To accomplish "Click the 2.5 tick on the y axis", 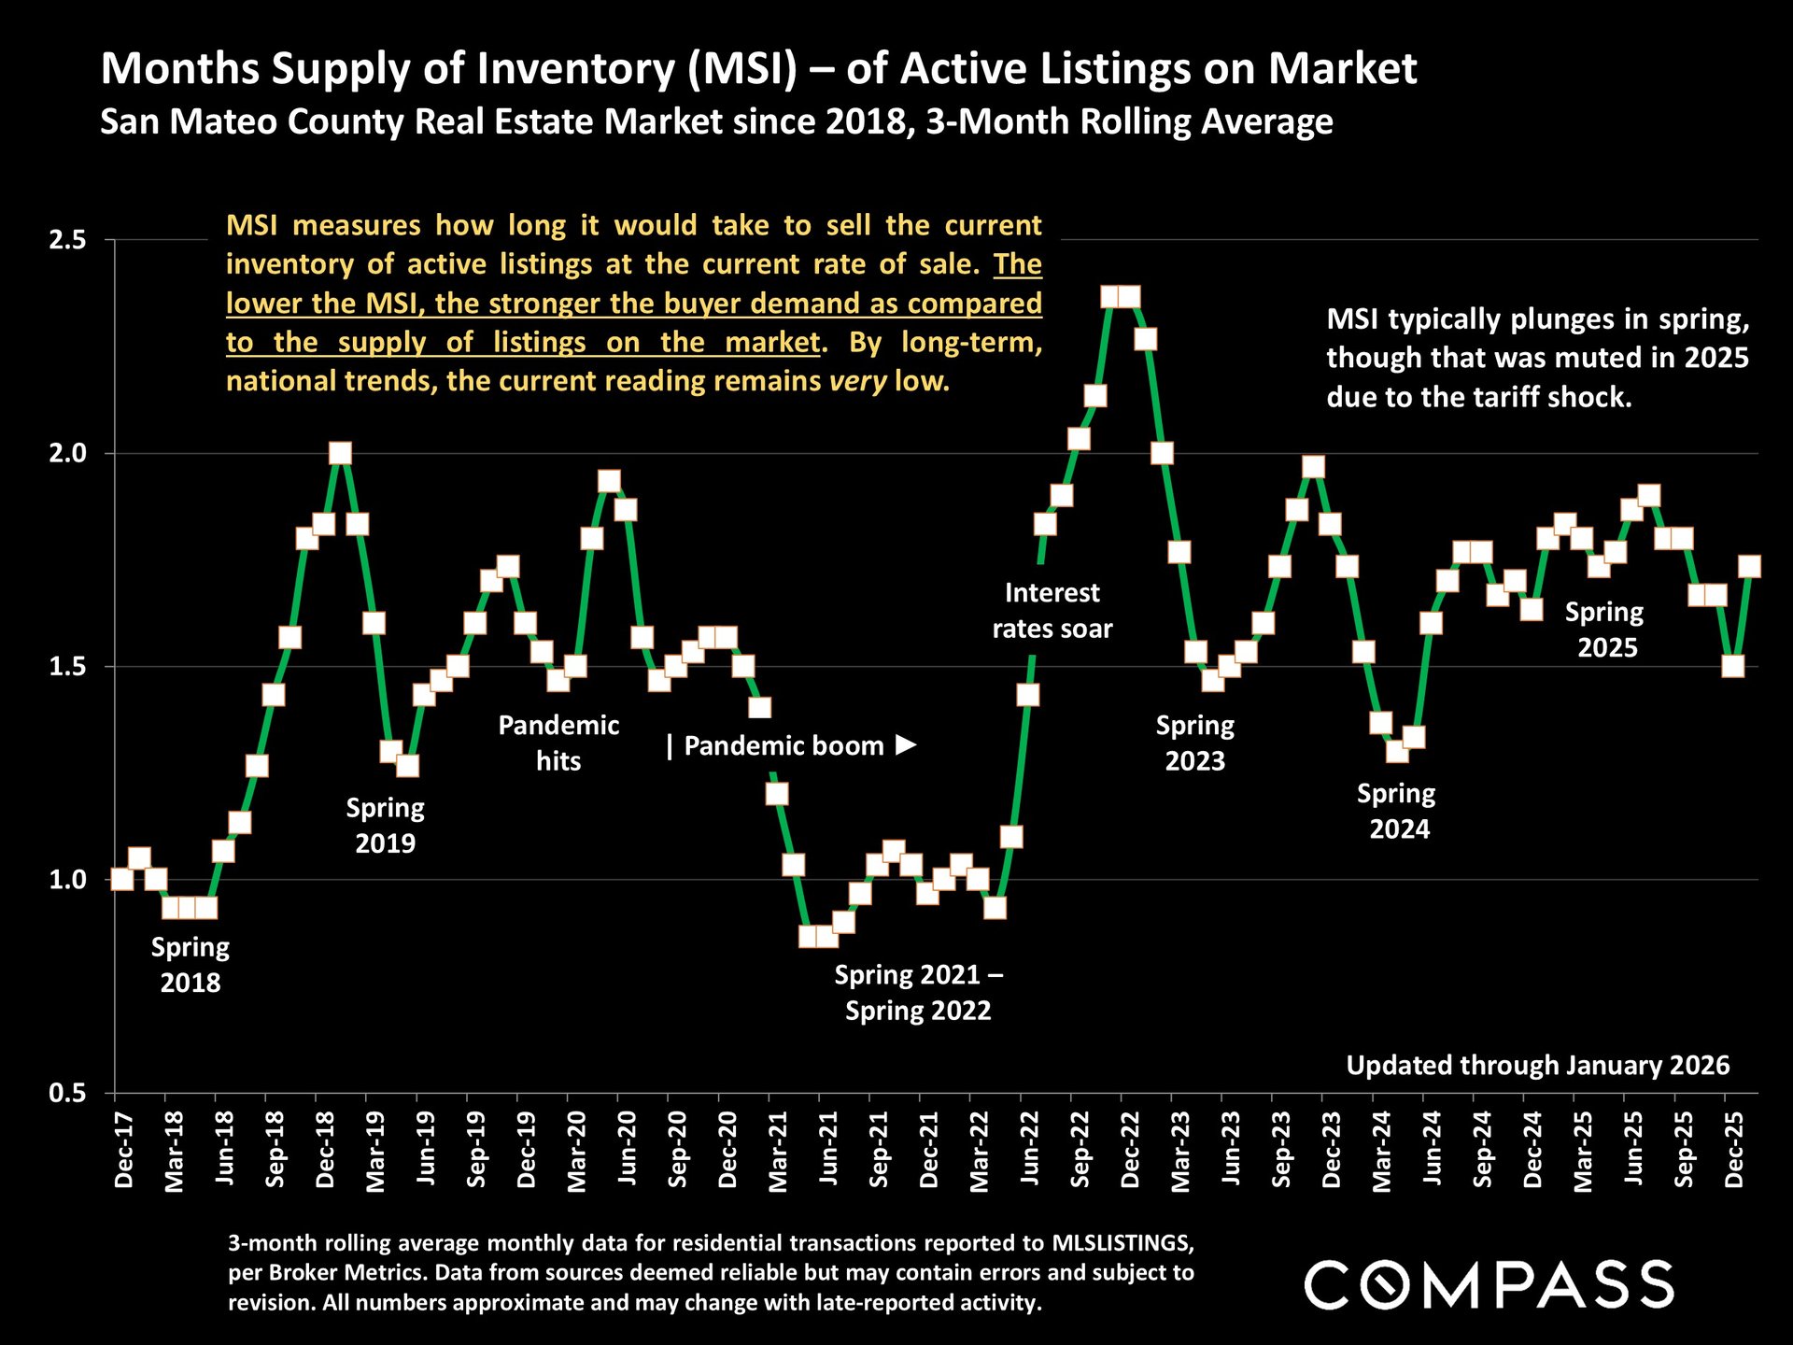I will (x=66, y=240).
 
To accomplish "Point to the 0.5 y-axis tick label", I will (x=66, y=1093).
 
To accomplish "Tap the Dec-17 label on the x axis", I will (x=123, y=1150).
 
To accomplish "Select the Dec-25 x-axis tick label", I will (x=1734, y=1150).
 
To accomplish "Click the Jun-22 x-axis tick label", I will (x=1029, y=1150).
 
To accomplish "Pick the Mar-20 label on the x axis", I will (x=576, y=1152).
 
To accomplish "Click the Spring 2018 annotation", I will (x=191, y=965).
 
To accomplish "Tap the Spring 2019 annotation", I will (x=385, y=826).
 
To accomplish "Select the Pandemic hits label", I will (x=558, y=743).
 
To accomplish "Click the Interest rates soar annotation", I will (x=1052, y=611).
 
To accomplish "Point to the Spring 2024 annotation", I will (x=1397, y=811).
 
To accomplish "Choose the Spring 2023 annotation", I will (x=1195, y=743).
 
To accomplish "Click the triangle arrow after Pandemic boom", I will (x=906, y=745).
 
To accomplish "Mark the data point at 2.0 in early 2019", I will (x=340, y=454).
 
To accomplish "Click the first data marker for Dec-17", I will (x=121, y=879).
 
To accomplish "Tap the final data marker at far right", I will (x=1749, y=567).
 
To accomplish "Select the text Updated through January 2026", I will (x=1537, y=1066).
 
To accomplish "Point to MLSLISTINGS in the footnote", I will (x=1122, y=1243).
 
